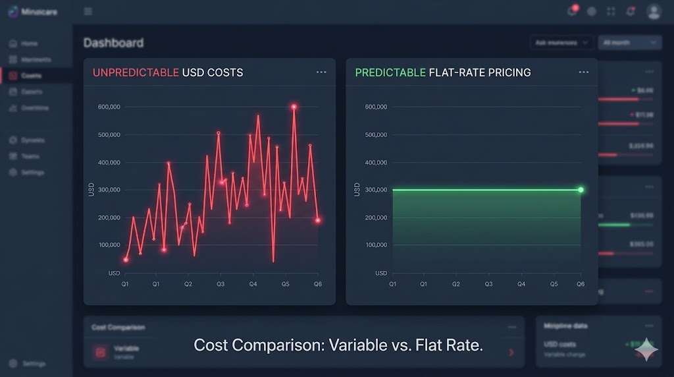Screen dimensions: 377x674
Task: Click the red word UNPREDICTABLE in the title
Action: [136, 72]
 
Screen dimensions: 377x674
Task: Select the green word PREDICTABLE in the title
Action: [390, 72]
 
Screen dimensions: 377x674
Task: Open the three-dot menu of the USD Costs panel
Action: [321, 72]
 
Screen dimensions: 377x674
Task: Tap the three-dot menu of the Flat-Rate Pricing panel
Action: [583, 72]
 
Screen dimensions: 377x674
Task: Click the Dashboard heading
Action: [113, 43]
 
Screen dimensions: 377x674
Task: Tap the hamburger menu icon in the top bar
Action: [88, 11]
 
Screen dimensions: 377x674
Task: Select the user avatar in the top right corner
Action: [654, 11]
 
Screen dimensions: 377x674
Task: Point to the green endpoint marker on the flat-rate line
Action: [581, 190]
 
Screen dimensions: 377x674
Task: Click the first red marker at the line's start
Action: [126, 260]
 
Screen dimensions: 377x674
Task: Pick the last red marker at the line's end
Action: [318, 220]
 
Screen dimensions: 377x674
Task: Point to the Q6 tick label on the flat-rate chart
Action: [581, 284]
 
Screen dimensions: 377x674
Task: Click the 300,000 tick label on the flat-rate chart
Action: [376, 190]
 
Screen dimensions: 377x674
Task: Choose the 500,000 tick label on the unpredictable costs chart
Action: [109, 134]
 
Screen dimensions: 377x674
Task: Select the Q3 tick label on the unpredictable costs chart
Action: [220, 284]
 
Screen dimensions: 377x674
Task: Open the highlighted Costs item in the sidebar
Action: [31, 76]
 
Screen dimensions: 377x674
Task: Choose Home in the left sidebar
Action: [29, 43]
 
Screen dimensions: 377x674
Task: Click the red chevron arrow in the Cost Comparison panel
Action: [511, 353]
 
